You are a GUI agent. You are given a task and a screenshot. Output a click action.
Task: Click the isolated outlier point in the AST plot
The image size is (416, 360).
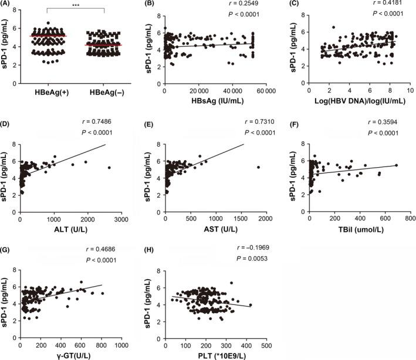pos(258,167)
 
